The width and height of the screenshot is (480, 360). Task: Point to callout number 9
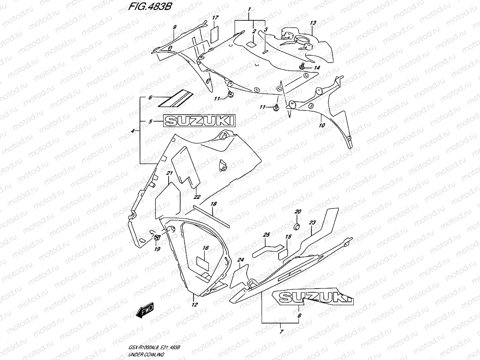(x=174, y=27)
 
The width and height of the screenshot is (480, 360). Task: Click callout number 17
(x=215, y=17)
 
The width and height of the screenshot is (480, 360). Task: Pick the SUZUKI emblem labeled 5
(x=199, y=121)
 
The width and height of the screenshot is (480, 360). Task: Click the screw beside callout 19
(x=158, y=238)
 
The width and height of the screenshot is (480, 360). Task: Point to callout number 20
(x=297, y=212)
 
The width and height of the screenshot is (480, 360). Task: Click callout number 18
(x=213, y=204)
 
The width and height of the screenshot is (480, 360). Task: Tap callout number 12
(x=194, y=305)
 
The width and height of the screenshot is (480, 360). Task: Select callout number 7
(x=281, y=331)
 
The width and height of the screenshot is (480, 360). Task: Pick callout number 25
(x=266, y=235)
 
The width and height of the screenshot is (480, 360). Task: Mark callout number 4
(x=132, y=131)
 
